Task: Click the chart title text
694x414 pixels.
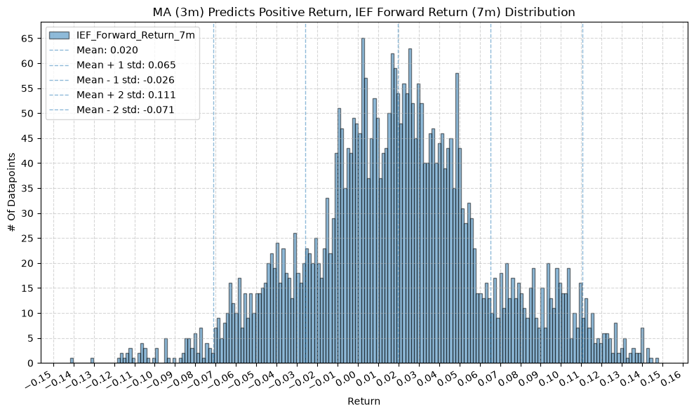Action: point(363,12)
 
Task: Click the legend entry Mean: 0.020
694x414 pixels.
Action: point(107,50)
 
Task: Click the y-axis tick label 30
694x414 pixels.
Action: point(27,213)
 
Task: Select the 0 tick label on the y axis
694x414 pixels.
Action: point(31,363)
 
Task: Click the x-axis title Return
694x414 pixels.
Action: point(363,401)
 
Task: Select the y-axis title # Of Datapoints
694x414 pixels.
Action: point(12,192)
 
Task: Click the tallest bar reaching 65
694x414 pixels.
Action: point(363,201)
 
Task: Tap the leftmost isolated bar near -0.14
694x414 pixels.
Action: point(72,361)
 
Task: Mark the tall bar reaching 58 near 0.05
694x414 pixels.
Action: point(458,218)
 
